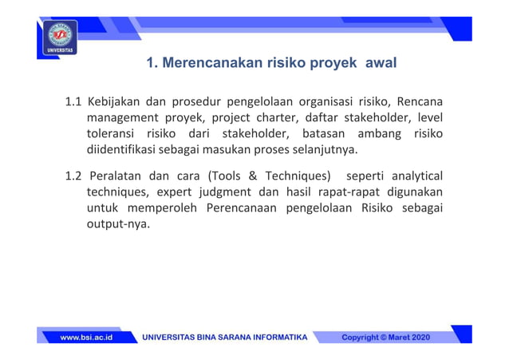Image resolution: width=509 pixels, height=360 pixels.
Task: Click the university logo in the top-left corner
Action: (61, 38)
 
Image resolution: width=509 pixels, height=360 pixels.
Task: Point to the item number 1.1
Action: (73, 102)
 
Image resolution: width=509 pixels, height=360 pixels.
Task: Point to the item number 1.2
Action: (73, 176)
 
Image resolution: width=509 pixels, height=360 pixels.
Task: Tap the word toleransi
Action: (111, 134)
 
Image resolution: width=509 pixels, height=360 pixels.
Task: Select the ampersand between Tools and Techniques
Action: (254, 176)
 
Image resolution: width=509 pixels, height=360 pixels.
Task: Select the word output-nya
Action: (117, 224)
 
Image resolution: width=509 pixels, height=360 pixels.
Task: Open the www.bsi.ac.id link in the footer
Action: (85, 338)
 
